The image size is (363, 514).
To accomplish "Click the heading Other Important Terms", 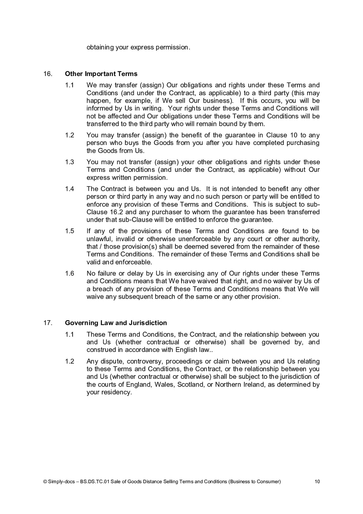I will (101, 74).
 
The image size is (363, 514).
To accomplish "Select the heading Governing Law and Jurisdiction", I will (116, 323).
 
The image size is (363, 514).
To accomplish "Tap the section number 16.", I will (48, 74).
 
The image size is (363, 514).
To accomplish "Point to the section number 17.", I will (48, 323).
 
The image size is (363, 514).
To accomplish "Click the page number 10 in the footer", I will (317, 481).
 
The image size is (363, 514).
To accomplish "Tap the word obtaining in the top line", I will (100, 47).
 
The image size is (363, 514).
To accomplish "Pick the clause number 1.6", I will (70, 273).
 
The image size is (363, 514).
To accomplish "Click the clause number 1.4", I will (70, 189).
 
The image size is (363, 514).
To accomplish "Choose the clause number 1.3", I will (70, 162).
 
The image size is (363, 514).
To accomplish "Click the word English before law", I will (186, 350).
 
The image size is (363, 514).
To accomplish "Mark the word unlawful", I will (99, 239).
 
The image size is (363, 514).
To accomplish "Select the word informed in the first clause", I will (100, 108).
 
